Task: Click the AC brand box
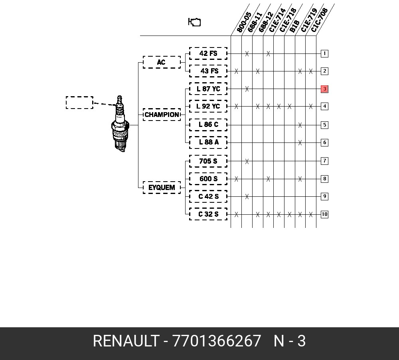162,62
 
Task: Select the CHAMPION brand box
162,115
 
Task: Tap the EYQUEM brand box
162,187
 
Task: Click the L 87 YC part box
208,89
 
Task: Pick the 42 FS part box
208,53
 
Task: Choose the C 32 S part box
208,214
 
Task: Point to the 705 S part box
208,161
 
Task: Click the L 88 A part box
208,142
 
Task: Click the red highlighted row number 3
324,89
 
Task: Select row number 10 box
324,214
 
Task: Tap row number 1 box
324,53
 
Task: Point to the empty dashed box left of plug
79,103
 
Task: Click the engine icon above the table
194,22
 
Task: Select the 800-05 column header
244,22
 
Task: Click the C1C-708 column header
319,20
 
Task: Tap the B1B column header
294,26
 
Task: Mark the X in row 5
300,125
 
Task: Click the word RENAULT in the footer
126,341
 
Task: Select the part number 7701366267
217,341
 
